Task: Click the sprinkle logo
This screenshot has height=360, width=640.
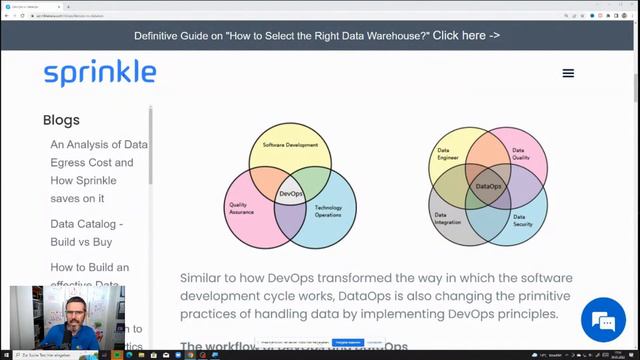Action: coord(100,73)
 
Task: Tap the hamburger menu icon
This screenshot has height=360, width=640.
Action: coord(568,73)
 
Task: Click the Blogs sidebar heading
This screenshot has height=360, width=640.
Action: coord(61,120)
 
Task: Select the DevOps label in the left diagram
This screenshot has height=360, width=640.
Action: coord(290,193)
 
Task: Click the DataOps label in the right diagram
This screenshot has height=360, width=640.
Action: coord(488,186)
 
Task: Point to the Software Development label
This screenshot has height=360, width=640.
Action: coord(290,146)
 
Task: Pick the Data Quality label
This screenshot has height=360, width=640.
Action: coord(521,155)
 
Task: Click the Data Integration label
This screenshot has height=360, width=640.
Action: coord(447,217)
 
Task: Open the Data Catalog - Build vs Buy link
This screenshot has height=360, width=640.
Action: coord(87,233)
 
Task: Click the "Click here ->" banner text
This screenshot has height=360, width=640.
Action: coord(466,35)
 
